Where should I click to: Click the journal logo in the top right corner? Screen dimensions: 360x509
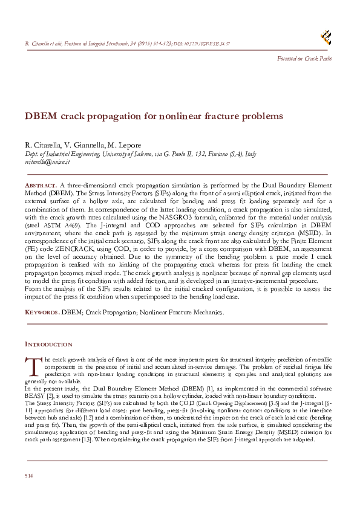click(x=326, y=37)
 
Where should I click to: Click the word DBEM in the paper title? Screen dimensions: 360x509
click(x=40, y=115)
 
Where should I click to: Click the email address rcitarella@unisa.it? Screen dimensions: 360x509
click(x=48, y=162)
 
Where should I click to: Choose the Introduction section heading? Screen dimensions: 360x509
click(x=48, y=344)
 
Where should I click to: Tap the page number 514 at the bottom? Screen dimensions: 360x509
click(x=28, y=477)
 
